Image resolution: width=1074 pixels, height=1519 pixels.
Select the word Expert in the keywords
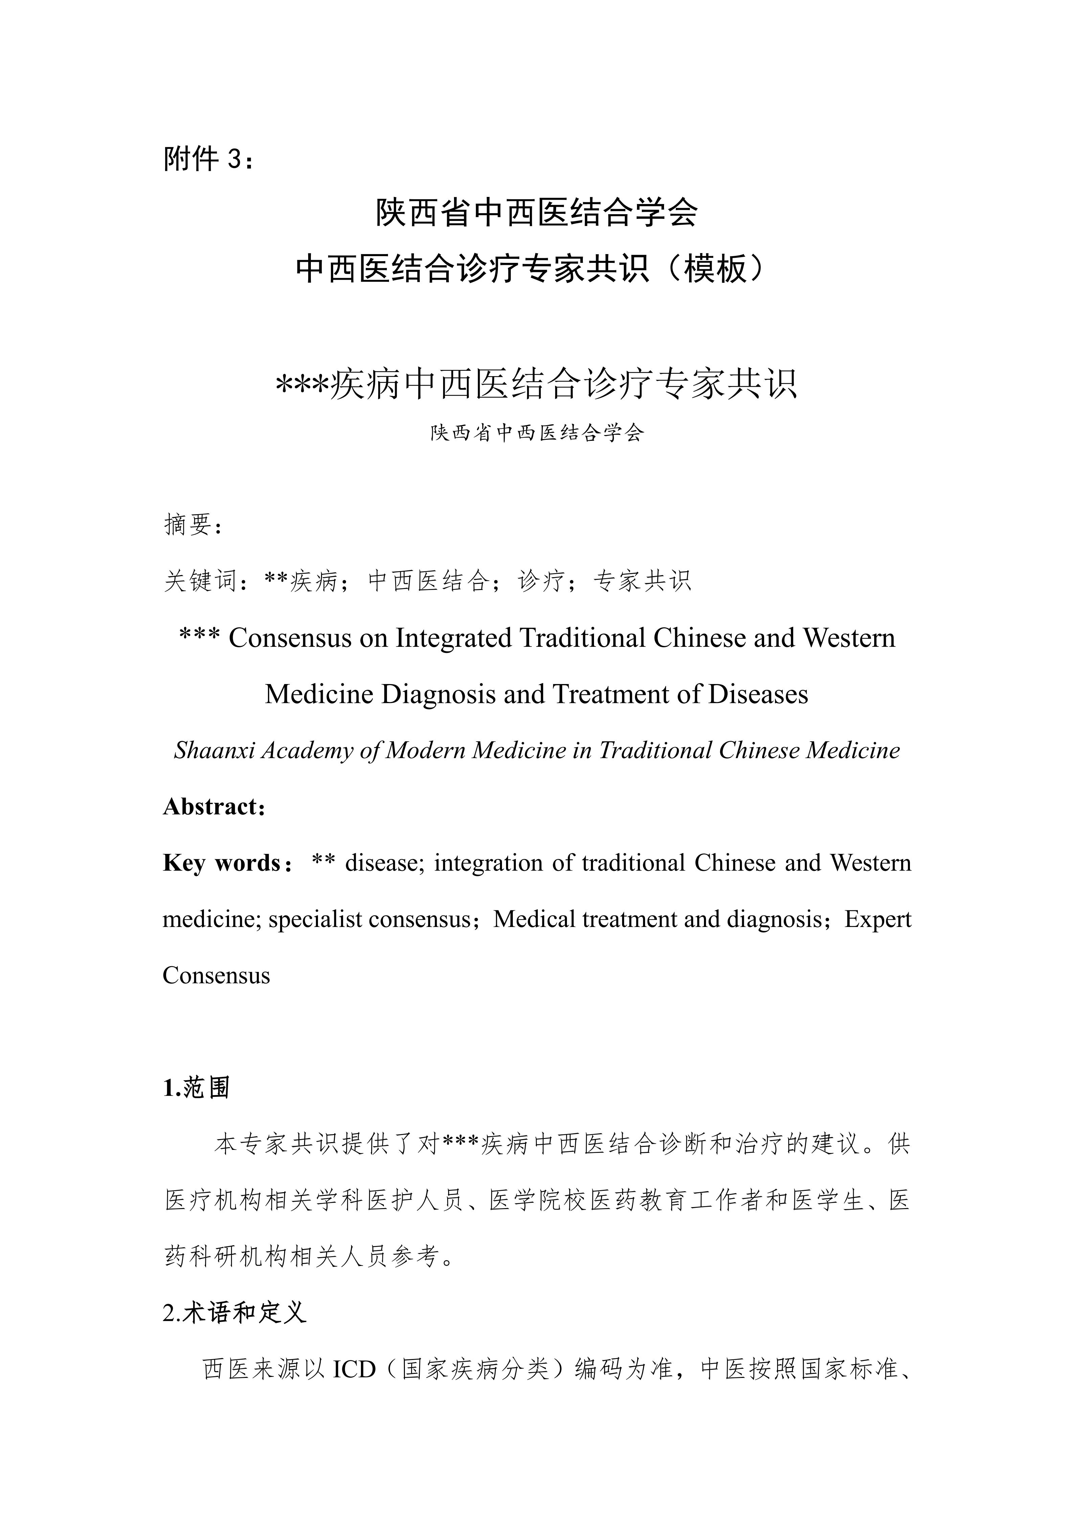click(x=877, y=919)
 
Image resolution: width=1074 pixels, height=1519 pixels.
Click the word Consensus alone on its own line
click(x=216, y=975)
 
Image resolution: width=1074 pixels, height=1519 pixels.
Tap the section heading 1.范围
click(x=197, y=1088)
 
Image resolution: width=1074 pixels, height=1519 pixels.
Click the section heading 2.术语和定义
click(x=234, y=1313)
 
